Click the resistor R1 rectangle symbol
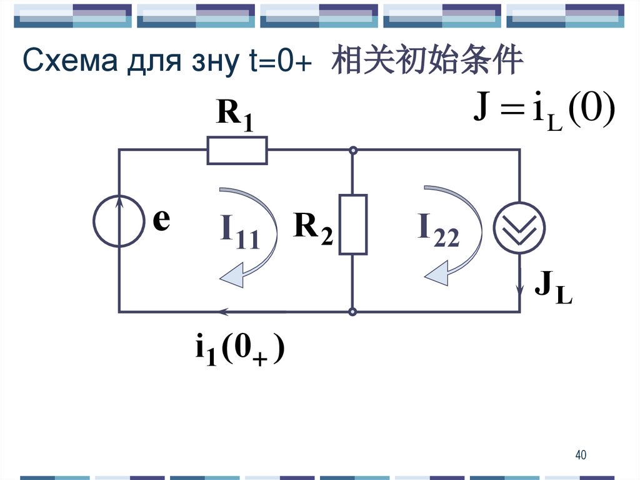(x=237, y=150)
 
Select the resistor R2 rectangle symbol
(x=352, y=224)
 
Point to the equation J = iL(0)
(x=544, y=113)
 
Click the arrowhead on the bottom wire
(x=224, y=311)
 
